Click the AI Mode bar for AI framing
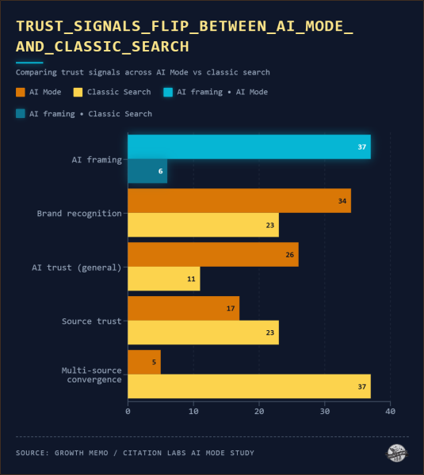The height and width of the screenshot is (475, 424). [x=249, y=147]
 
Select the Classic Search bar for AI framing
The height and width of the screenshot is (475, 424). [x=147, y=171]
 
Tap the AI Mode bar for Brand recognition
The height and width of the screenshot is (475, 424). [x=239, y=201]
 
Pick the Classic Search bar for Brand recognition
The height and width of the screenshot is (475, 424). [x=203, y=225]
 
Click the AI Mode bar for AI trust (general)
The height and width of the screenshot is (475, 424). [x=213, y=254]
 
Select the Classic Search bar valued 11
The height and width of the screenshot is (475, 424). [x=164, y=279]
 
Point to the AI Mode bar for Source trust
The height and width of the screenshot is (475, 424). [x=183, y=308]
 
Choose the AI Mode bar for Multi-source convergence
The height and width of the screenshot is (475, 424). [x=144, y=362]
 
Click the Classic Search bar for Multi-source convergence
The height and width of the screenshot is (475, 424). [x=249, y=386]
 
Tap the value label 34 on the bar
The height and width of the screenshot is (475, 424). [x=342, y=201]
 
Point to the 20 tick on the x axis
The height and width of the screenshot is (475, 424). [x=259, y=412]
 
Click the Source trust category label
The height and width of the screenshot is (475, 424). [x=92, y=321]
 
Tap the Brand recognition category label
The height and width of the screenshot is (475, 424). [x=79, y=213]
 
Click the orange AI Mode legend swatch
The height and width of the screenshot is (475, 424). [x=21, y=92]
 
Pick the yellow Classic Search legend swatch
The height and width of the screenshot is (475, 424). [x=78, y=92]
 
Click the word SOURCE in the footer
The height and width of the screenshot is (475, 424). [x=32, y=453]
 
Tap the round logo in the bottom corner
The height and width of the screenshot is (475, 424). [x=396, y=453]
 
